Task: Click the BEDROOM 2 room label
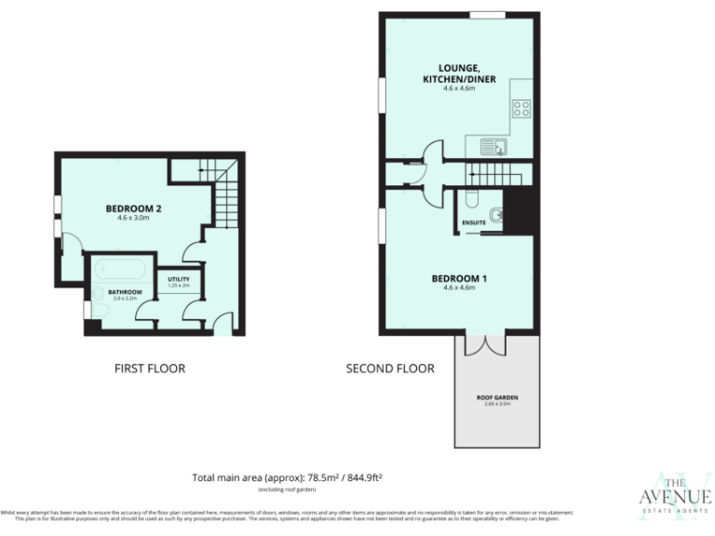(134, 208)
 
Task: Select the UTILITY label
(179, 279)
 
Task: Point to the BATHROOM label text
(124, 291)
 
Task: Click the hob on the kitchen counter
(521, 109)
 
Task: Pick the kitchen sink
(492, 146)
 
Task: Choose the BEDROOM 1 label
(459, 278)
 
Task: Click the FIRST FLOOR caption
(149, 368)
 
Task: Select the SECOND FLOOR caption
(390, 368)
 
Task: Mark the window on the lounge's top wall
(487, 14)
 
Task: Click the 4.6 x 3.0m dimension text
(134, 219)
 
